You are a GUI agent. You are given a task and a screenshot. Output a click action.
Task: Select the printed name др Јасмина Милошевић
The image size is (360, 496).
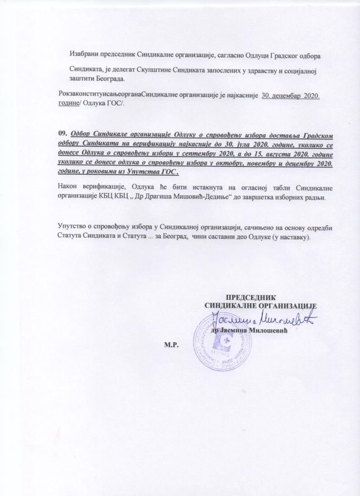[249, 330]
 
